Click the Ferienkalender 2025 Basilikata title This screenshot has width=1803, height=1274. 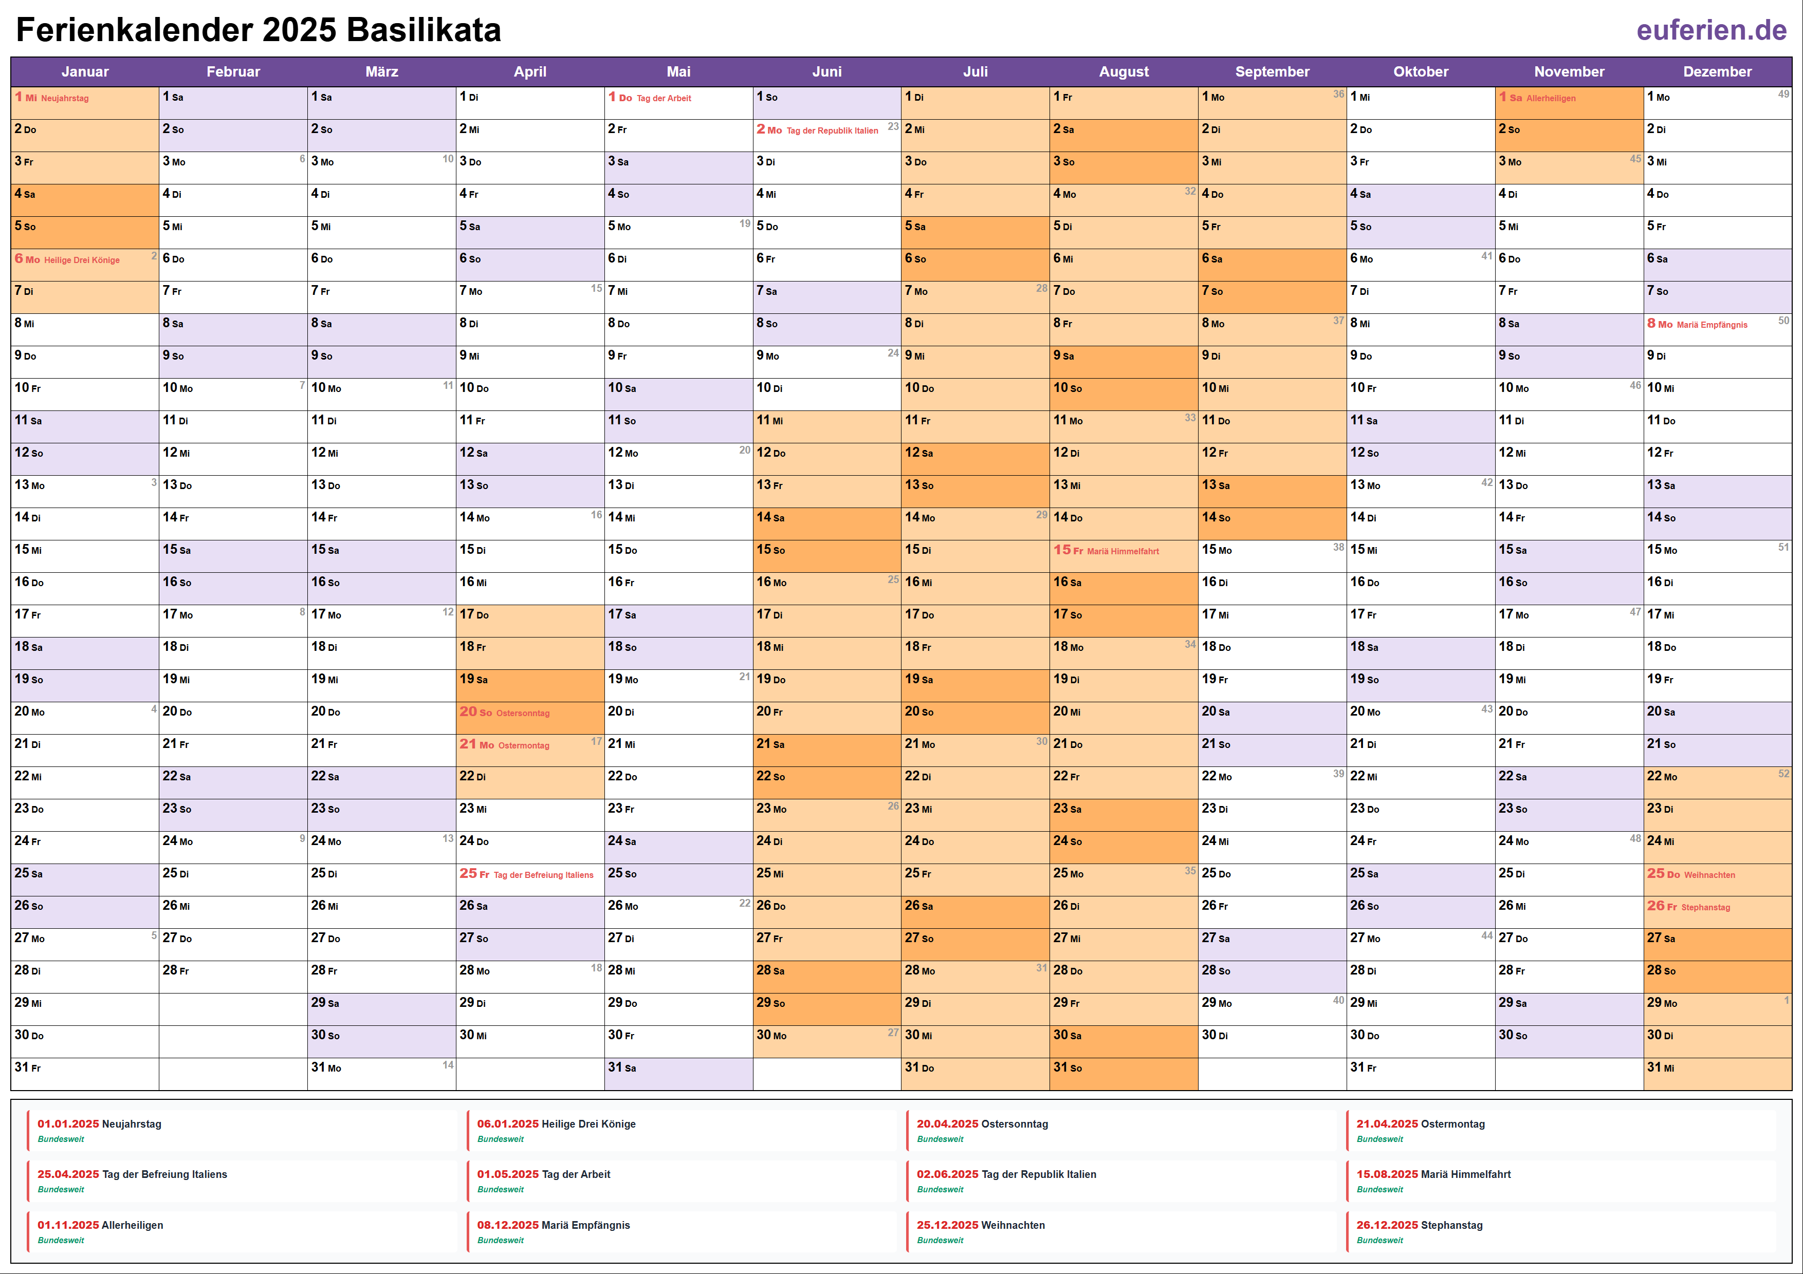[x=259, y=31]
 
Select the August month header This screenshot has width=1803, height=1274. [x=1123, y=71]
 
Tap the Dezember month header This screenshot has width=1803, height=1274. [x=1717, y=71]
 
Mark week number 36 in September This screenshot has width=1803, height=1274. [x=1338, y=94]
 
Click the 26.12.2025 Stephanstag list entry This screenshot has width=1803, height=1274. [x=1419, y=1225]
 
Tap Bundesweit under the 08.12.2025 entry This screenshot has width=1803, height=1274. [x=500, y=1240]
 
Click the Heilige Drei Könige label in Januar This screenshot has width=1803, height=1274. [x=82, y=260]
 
